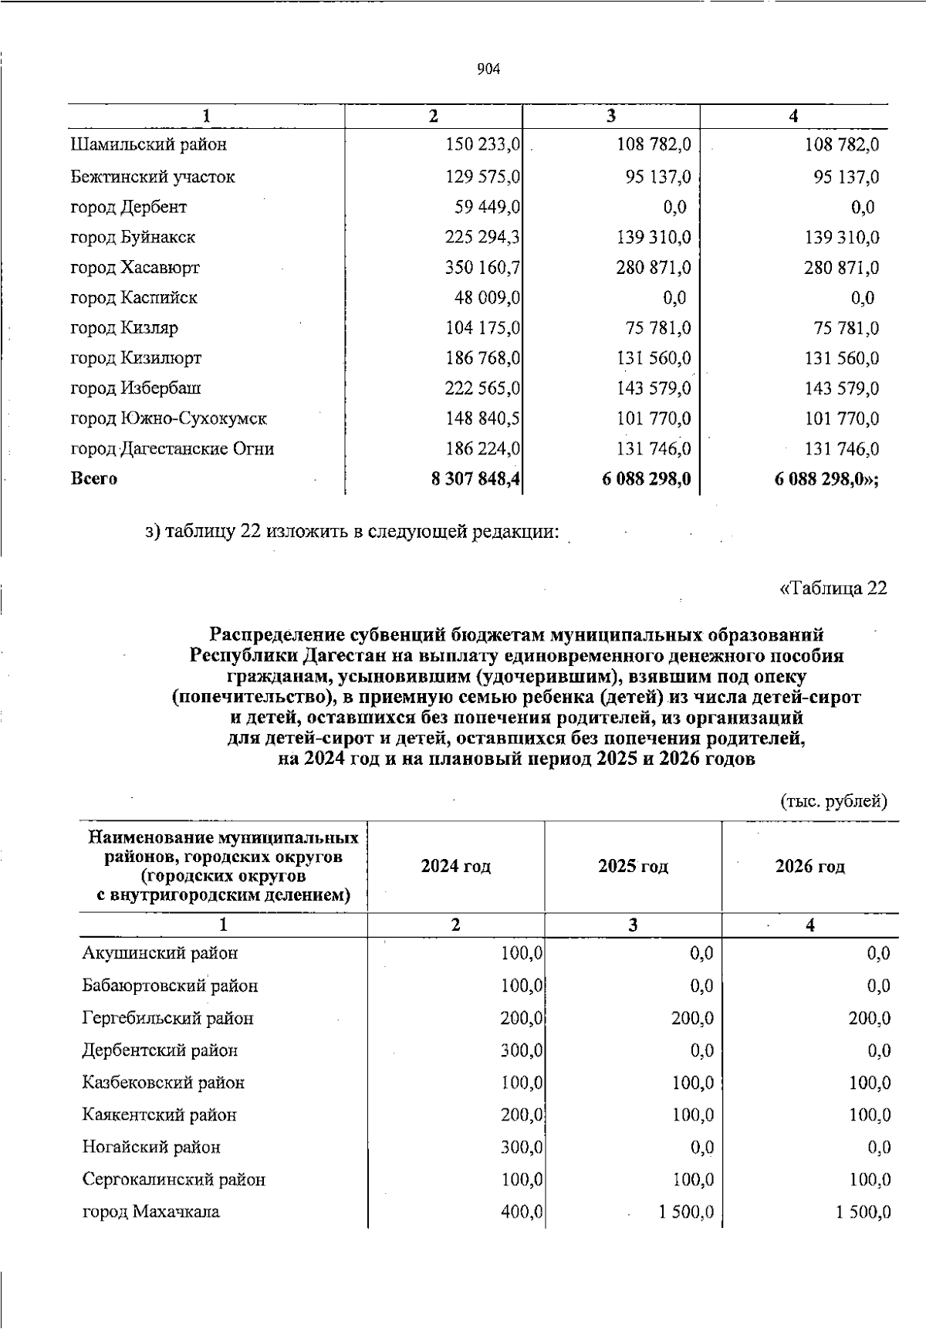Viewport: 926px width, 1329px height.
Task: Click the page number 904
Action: coord(488,69)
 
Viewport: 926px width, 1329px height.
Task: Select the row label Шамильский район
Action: coord(149,144)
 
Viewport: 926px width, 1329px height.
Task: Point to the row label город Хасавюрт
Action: coord(135,268)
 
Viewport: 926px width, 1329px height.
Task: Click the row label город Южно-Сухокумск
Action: coord(169,419)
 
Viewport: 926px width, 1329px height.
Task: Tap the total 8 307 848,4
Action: coord(475,479)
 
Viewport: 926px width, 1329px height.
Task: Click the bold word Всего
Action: coord(94,479)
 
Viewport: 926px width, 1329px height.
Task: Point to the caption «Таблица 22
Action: coord(833,588)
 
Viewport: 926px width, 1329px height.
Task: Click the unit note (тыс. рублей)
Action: coord(834,801)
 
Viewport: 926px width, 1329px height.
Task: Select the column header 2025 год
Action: coord(633,866)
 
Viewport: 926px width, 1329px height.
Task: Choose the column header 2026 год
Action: coord(809,866)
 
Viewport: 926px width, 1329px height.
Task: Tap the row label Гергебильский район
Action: coord(167,1018)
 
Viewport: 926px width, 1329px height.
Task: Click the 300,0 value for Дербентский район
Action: coord(522,1050)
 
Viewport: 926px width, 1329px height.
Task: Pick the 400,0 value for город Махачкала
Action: coord(522,1212)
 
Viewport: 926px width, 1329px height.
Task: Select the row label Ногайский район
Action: coord(151,1147)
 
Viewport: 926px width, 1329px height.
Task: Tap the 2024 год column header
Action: coord(455,866)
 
